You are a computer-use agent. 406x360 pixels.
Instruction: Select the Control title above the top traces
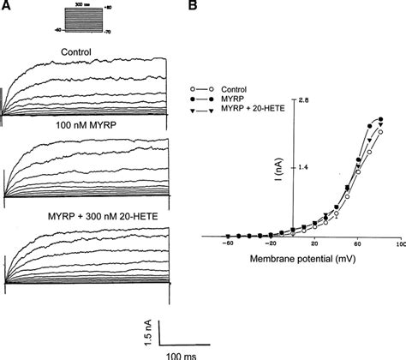coord(76,51)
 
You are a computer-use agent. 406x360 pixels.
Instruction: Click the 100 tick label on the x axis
coord(399,245)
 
